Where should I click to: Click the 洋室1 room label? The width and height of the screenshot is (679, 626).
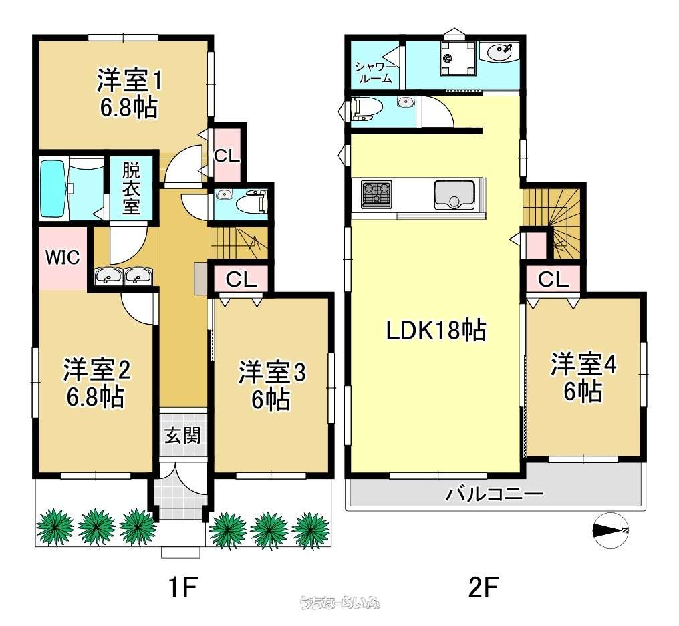pyautogui.click(x=129, y=81)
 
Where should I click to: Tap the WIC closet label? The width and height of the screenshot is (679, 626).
pyautogui.click(x=63, y=258)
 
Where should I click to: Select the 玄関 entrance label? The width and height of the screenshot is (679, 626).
pyautogui.click(x=182, y=435)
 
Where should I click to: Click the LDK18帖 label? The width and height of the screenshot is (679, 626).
pyautogui.click(x=436, y=331)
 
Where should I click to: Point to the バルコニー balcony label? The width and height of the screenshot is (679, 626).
pyautogui.click(x=494, y=494)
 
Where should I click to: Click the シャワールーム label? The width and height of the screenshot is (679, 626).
pyautogui.click(x=375, y=72)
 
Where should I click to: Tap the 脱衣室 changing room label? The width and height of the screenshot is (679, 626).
pyautogui.click(x=131, y=188)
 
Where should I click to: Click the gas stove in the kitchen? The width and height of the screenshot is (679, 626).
pyautogui.click(x=376, y=194)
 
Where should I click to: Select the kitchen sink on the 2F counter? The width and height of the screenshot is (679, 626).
pyautogui.click(x=454, y=195)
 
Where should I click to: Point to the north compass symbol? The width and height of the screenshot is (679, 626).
pyautogui.click(x=609, y=530)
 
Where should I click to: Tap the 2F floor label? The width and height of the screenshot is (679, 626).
pyautogui.click(x=484, y=586)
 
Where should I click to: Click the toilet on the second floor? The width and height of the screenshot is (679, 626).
pyautogui.click(x=366, y=107)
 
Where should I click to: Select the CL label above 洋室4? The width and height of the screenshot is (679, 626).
pyautogui.click(x=553, y=279)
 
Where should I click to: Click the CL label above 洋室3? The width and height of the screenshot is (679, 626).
pyautogui.click(x=241, y=279)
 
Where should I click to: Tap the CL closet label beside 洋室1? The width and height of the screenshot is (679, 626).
pyautogui.click(x=227, y=156)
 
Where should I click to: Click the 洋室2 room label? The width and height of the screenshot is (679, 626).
pyautogui.click(x=97, y=369)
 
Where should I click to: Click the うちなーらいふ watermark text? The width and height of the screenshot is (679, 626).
pyautogui.click(x=340, y=603)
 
